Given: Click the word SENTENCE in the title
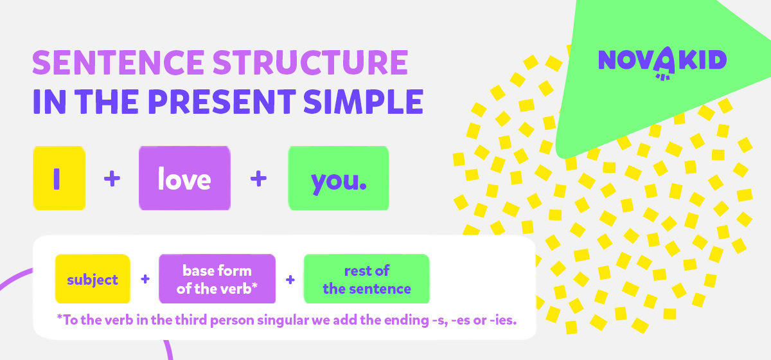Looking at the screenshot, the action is point(118,62).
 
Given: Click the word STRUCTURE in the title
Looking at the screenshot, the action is point(310,62).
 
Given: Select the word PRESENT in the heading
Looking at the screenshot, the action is point(222,102).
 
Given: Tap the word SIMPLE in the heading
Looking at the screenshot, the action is point(363,102).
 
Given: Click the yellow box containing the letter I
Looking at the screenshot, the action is point(59,178).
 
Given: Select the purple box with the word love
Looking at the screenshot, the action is point(184,178).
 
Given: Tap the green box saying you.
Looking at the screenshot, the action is point(339,178).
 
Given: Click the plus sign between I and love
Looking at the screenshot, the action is point(112,179).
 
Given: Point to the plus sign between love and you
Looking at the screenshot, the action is point(258,179).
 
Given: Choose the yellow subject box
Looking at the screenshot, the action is point(93,279).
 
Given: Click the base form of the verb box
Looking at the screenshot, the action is point(217,279).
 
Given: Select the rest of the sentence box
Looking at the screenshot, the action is point(367,279).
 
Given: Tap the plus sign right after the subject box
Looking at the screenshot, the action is point(145,279).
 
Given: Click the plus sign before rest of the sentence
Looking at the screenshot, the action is point(290,280).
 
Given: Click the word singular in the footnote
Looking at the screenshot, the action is point(283,320).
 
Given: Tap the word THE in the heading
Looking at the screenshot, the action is point(107,102).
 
